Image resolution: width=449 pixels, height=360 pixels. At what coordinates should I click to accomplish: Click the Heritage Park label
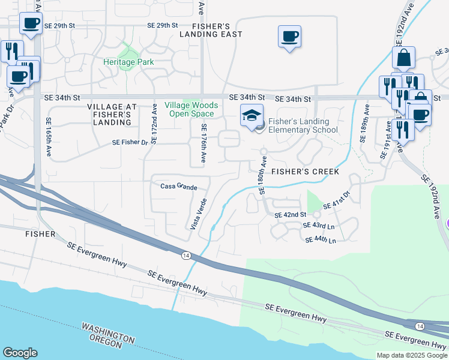[x=128, y=62]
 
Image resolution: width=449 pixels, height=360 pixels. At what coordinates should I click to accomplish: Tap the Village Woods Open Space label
[x=191, y=109]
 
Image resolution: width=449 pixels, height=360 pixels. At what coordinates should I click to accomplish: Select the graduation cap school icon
[x=252, y=115]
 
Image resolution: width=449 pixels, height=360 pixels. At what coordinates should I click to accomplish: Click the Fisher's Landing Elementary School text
[x=303, y=125]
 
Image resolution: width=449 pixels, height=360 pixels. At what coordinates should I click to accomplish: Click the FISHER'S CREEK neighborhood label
[x=305, y=172]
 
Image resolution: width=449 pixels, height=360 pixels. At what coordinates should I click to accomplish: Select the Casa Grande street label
[x=178, y=187]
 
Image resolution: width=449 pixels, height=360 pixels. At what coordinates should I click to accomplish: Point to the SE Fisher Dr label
[x=130, y=143]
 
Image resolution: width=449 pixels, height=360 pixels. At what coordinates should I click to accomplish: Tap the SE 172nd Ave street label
[x=154, y=124]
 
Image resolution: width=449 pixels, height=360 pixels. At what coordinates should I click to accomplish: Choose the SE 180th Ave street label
[x=262, y=175]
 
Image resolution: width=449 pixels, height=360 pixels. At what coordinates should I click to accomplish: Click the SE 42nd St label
[x=291, y=215]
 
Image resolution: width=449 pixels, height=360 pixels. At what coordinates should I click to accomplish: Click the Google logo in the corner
[x=20, y=352]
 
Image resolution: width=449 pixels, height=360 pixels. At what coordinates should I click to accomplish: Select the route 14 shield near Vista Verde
[x=186, y=256]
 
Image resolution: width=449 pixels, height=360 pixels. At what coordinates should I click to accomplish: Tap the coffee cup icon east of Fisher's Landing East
[x=289, y=37]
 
